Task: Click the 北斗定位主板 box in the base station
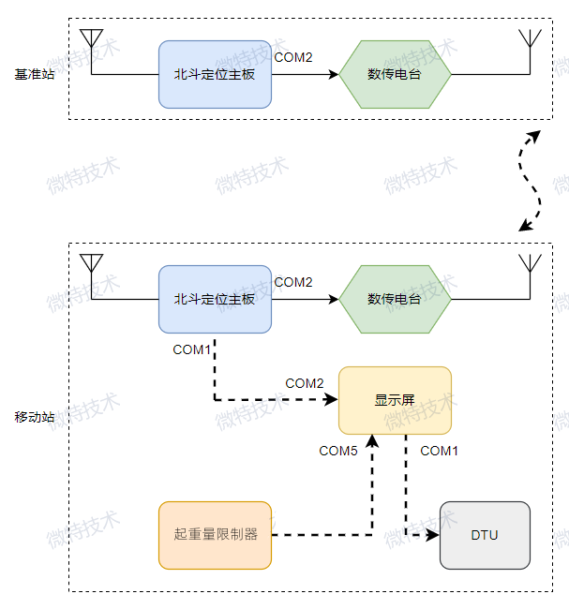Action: click(215, 74)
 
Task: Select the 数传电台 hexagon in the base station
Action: click(395, 74)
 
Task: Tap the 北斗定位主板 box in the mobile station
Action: click(215, 299)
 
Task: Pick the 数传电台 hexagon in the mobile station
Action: click(395, 299)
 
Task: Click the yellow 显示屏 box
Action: click(395, 400)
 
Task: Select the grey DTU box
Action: click(485, 535)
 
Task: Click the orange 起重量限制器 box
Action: click(215, 535)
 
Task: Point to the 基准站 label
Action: click(35, 74)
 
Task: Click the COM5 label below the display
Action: click(338, 451)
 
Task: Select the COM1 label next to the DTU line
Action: click(439, 451)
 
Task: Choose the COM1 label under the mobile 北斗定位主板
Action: click(192, 349)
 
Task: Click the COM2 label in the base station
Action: click(293, 57)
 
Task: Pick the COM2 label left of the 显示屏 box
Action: click(305, 383)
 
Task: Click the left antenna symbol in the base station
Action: click(91, 39)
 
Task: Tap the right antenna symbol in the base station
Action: click(530, 39)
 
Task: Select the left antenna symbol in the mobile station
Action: click(91, 263)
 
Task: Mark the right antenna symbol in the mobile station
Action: click(530, 263)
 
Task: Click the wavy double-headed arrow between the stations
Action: click(531, 180)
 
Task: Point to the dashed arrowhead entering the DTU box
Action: click(433, 535)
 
